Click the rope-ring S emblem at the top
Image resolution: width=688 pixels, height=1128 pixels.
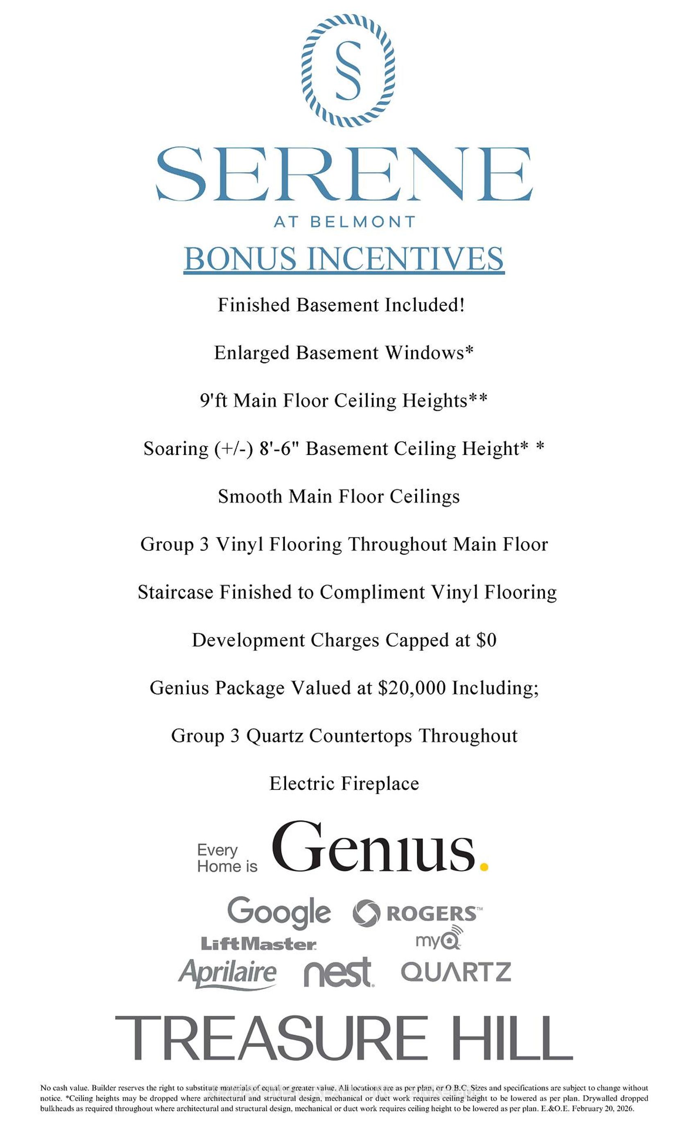(x=348, y=70)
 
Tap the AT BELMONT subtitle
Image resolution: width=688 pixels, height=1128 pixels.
(x=344, y=222)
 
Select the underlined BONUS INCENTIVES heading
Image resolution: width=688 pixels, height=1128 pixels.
(x=344, y=259)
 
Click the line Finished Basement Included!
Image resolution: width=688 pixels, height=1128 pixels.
(x=341, y=305)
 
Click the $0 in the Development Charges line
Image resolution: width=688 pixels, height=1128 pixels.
(x=486, y=640)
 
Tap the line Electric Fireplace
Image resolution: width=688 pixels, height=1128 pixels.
(x=344, y=783)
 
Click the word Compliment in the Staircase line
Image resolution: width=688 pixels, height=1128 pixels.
(x=372, y=592)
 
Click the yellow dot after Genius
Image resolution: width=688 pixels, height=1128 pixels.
(x=484, y=866)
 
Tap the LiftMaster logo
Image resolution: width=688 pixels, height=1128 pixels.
(x=258, y=944)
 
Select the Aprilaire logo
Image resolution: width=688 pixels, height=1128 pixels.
(x=227, y=972)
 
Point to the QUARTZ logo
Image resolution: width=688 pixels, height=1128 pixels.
(x=456, y=972)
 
